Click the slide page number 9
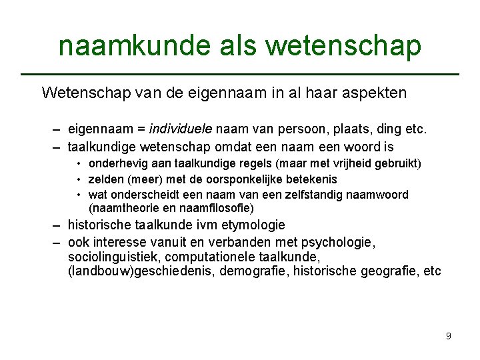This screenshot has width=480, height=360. tap(449, 336)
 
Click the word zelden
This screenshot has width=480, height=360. tap(104, 179)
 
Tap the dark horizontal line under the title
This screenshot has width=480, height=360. tap(240, 73)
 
